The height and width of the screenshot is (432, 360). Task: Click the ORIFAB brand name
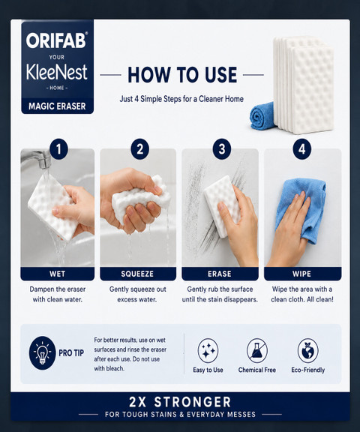57,40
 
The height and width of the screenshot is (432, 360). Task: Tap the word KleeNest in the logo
57,72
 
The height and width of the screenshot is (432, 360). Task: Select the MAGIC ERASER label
57,106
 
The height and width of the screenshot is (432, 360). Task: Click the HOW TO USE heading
182,75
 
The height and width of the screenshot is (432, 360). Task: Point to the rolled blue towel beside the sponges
262,116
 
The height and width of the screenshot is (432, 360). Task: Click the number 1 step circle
58,149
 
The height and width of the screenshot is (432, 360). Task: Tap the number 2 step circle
140,149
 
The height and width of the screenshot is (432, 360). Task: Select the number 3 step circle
222,149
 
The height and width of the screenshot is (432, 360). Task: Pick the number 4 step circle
302,149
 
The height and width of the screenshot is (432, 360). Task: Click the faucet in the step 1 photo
37,159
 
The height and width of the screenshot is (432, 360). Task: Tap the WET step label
57,274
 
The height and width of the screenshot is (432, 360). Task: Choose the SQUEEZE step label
137,274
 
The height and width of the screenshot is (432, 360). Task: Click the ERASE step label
220,274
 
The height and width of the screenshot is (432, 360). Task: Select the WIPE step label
302,274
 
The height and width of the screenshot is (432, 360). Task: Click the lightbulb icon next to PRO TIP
42,353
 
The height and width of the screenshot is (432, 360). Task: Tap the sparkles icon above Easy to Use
208,350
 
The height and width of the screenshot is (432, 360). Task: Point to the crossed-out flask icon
257,350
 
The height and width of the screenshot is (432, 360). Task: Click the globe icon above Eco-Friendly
308,350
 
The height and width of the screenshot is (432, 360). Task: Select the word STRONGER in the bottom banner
193,402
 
